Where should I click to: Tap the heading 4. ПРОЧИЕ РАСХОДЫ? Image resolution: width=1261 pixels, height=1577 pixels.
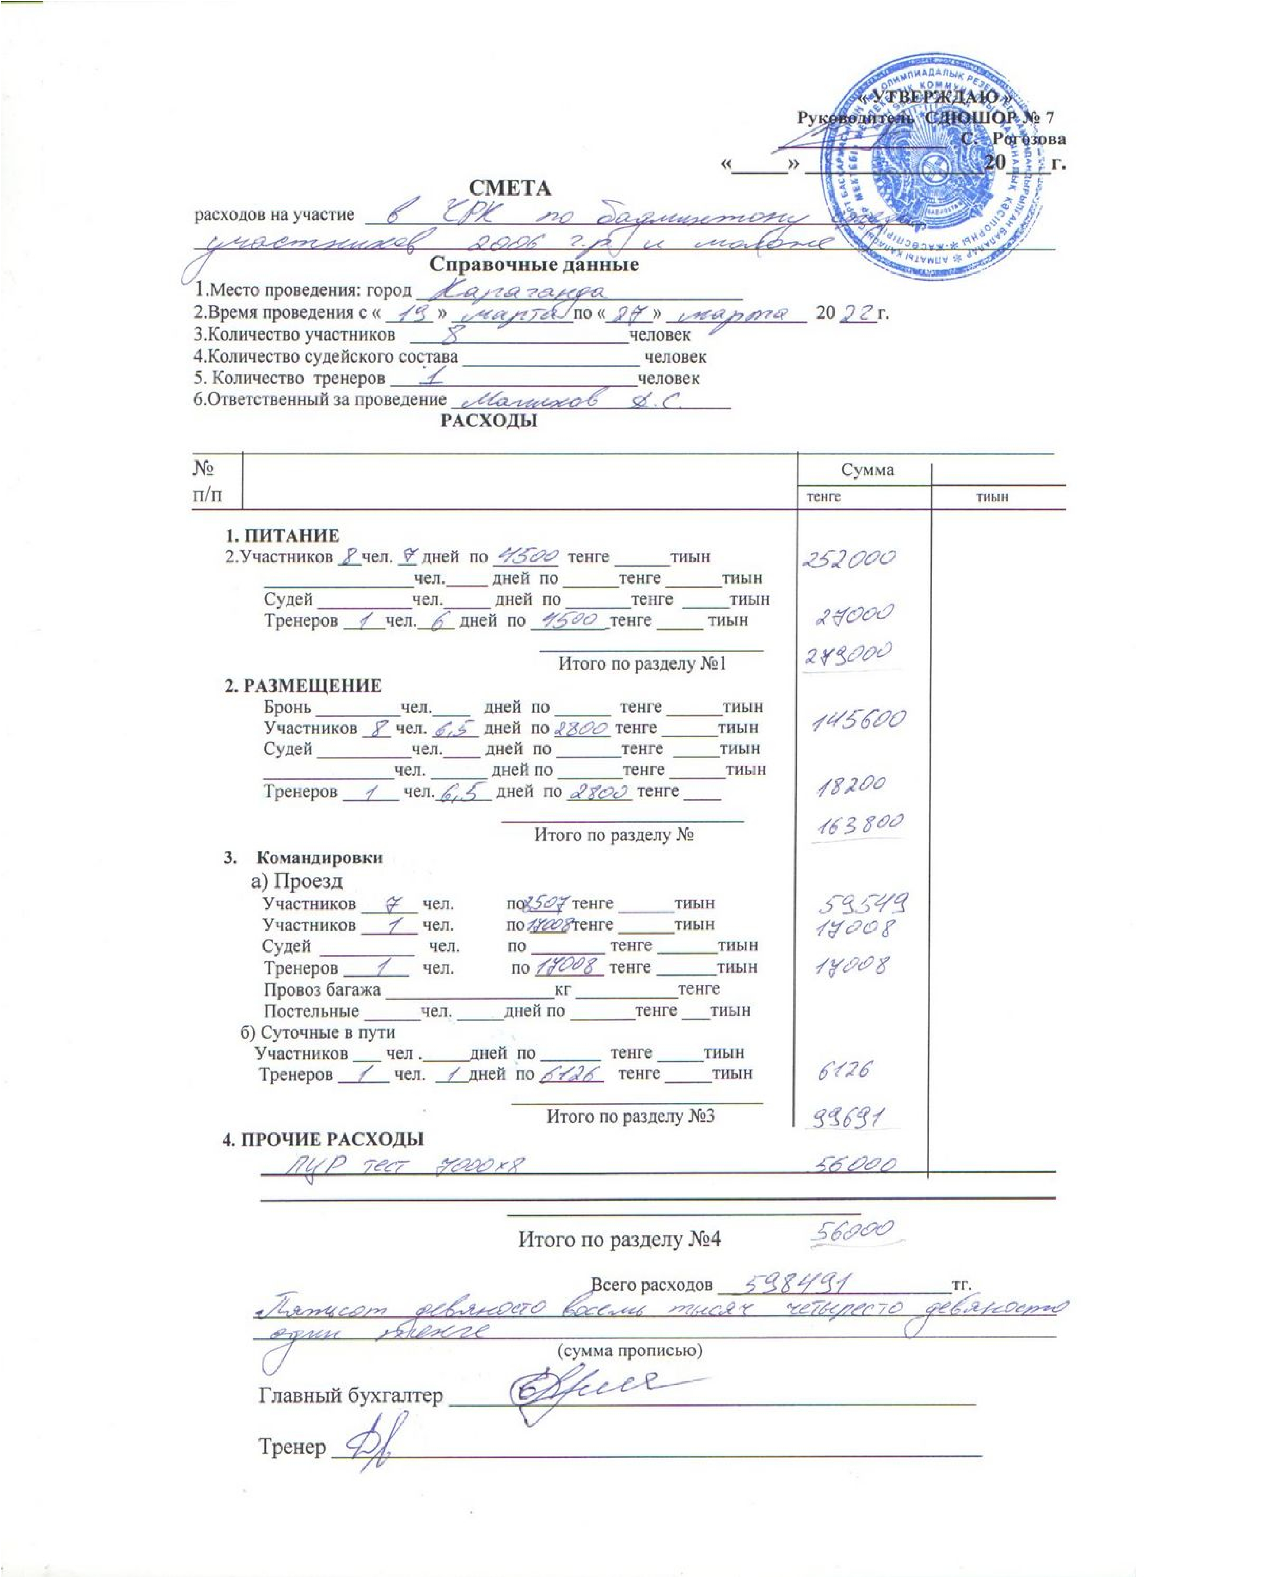click(x=323, y=1139)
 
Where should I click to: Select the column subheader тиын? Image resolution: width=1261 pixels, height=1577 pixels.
click(x=992, y=497)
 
